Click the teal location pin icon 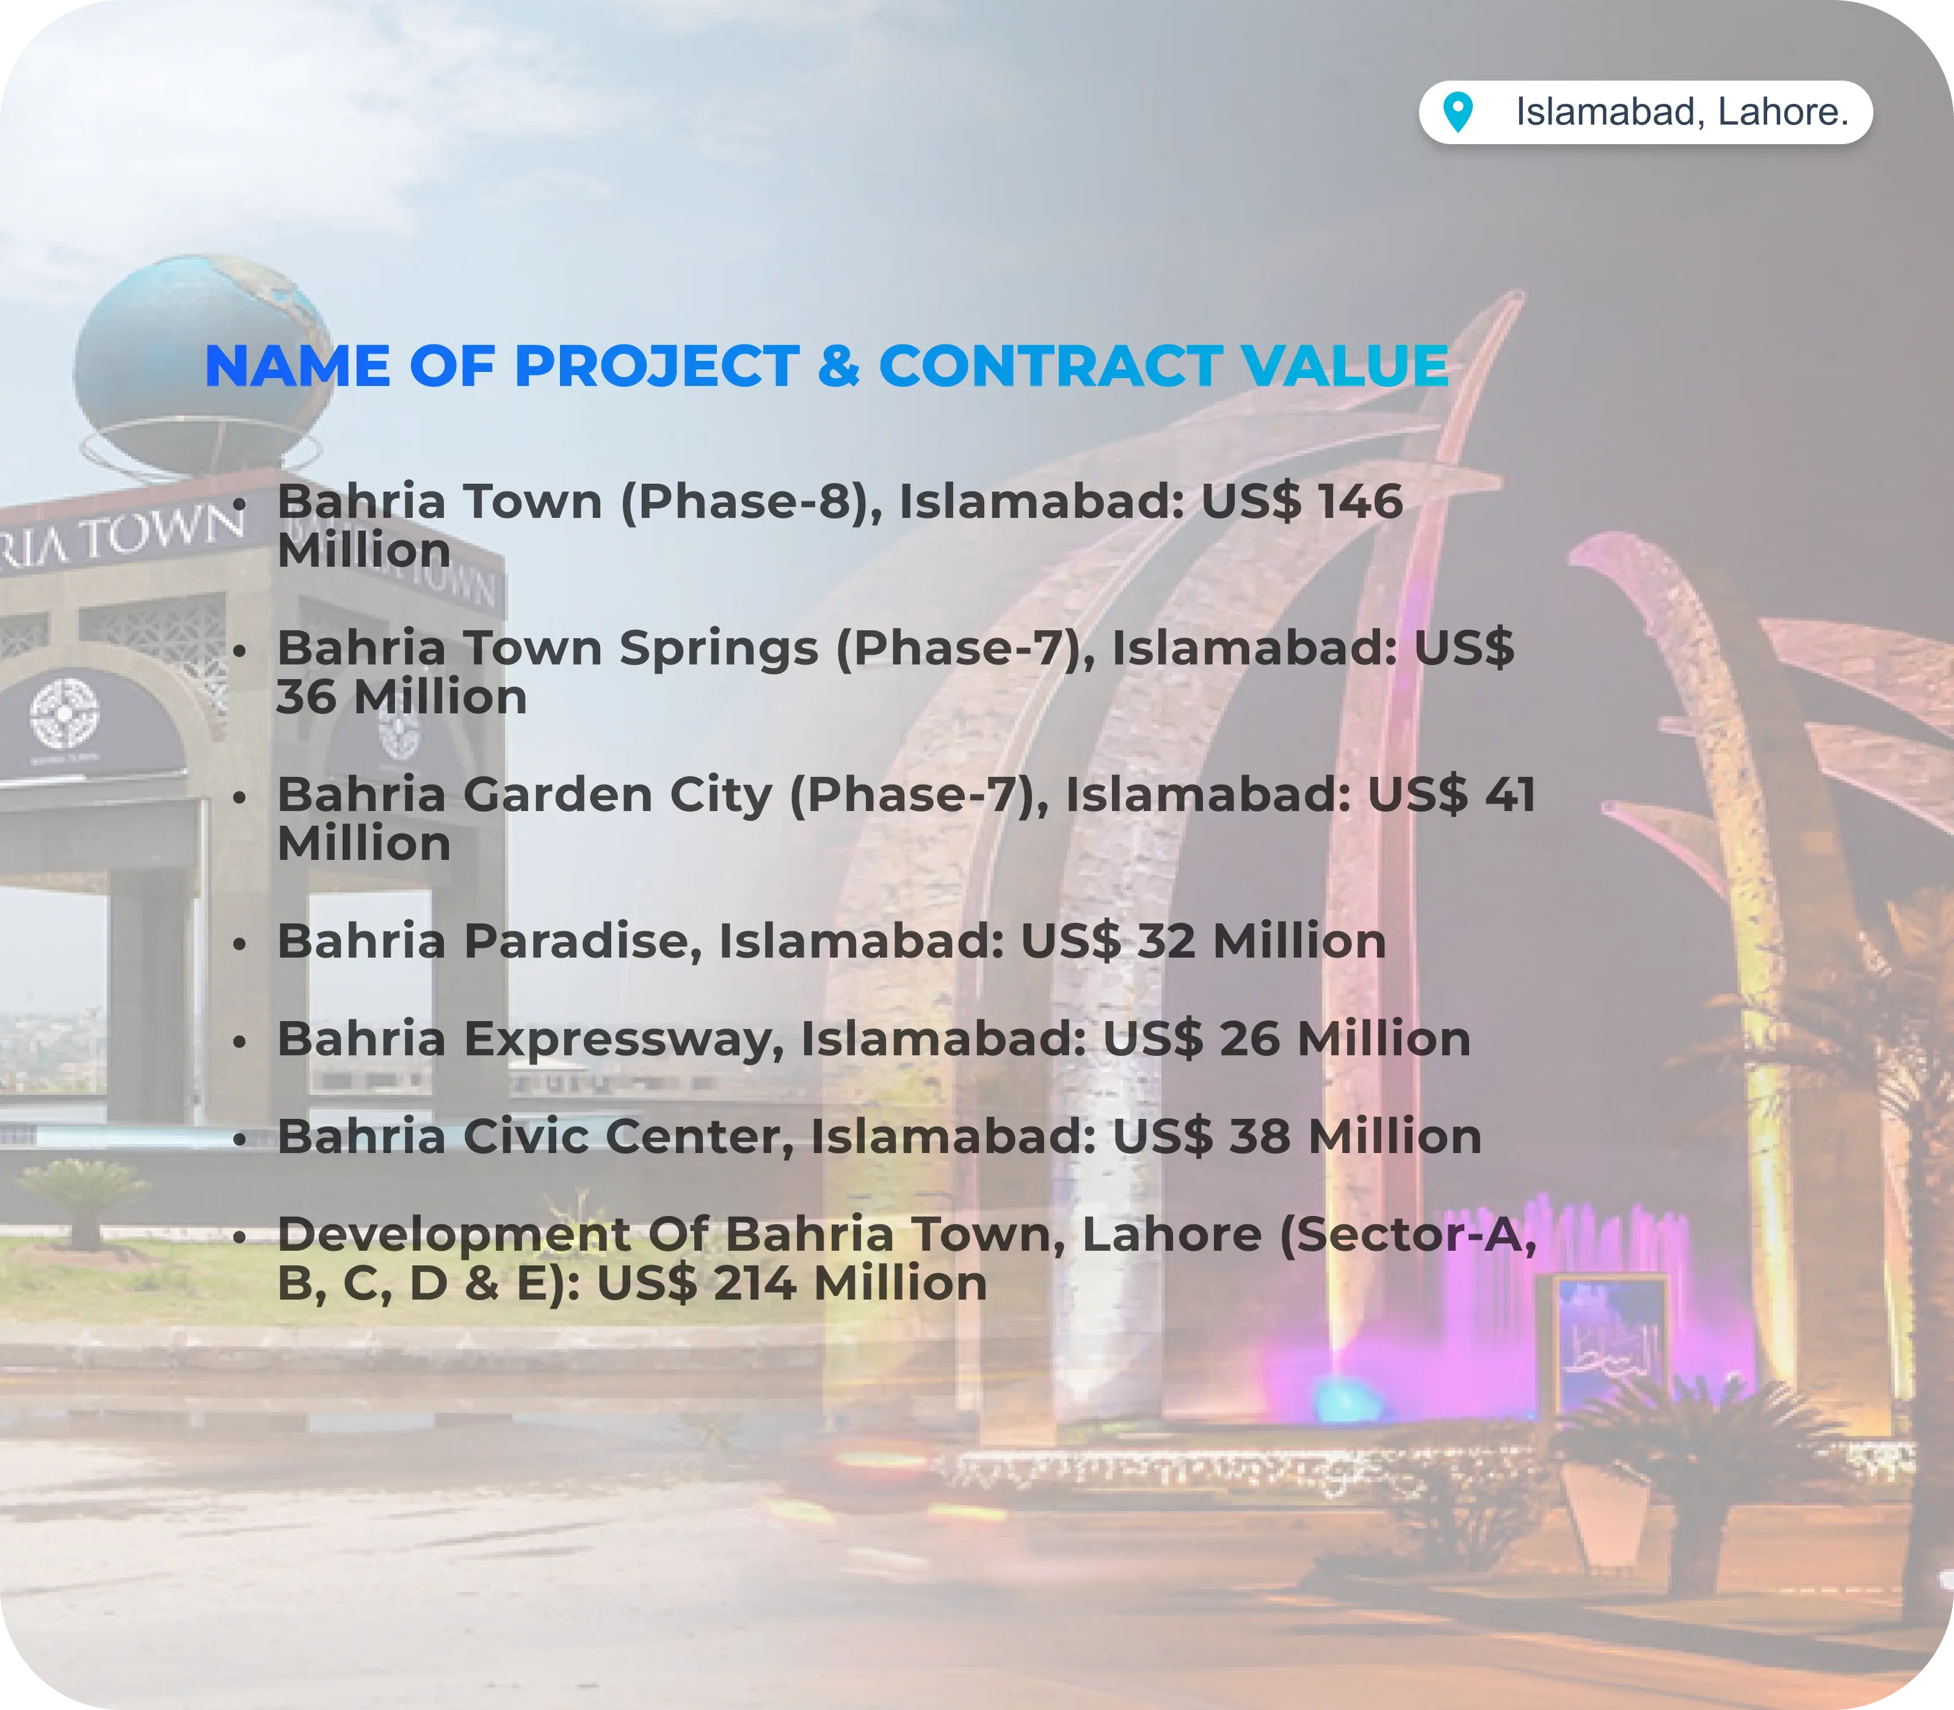tap(1457, 112)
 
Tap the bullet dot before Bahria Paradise tap(241, 944)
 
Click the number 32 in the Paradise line tap(1166, 941)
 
